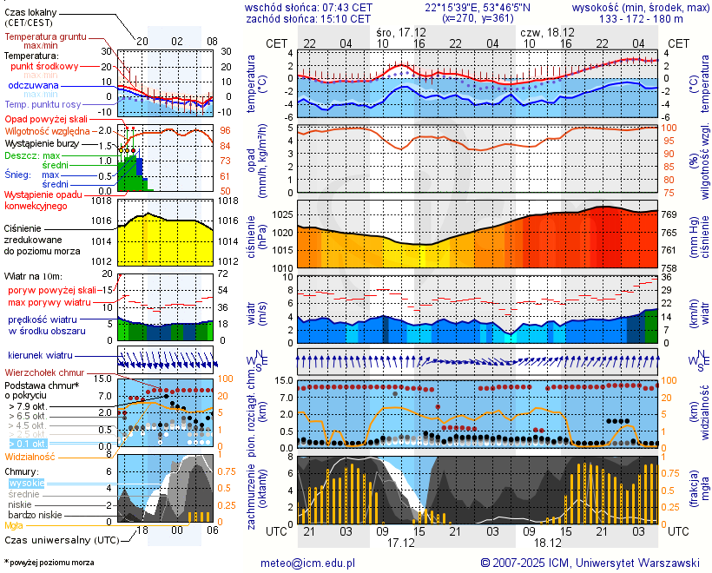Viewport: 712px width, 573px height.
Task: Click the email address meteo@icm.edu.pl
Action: click(x=308, y=563)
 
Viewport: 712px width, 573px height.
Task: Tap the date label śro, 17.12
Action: click(x=401, y=32)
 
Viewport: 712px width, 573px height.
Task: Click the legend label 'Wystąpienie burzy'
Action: click(x=40, y=142)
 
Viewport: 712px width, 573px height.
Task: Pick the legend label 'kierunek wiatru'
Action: click(x=40, y=356)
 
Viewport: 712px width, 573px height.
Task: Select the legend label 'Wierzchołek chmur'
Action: click(x=43, y=372)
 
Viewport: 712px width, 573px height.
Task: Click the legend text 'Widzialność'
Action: click(x=30, y=455)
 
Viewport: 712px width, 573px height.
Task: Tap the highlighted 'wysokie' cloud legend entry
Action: click(x=26, y=483)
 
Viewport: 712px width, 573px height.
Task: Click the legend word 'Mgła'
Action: click(x=14, y=525)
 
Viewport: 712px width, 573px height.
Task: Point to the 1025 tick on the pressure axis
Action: click(x=282, y=214)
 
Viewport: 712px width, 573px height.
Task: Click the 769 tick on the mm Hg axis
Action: click(x=672, y=214)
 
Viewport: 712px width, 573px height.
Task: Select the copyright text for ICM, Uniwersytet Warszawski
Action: click(x=590, y=563)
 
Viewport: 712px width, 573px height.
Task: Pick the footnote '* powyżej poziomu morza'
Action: click(x=49, y=563)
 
